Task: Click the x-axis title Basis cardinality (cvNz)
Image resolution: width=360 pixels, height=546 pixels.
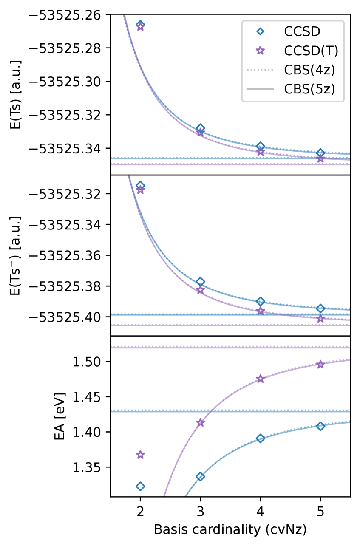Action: (230, 529)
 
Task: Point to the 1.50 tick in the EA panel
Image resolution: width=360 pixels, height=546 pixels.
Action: (91, 362)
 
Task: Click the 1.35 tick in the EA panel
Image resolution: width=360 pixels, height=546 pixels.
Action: (91, 467)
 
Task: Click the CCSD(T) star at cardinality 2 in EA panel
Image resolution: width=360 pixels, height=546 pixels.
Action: (140, 455)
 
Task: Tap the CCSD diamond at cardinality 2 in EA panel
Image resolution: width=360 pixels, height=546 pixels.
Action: (140, 486)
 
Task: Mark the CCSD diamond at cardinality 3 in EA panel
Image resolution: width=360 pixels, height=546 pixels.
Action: (200, 476)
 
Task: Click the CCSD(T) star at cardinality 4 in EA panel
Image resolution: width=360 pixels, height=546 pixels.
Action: (261, 379)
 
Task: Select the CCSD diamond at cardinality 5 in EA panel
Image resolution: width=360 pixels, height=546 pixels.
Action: (320, 426)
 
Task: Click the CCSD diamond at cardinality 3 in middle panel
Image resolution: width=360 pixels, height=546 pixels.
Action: (200, 282)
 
